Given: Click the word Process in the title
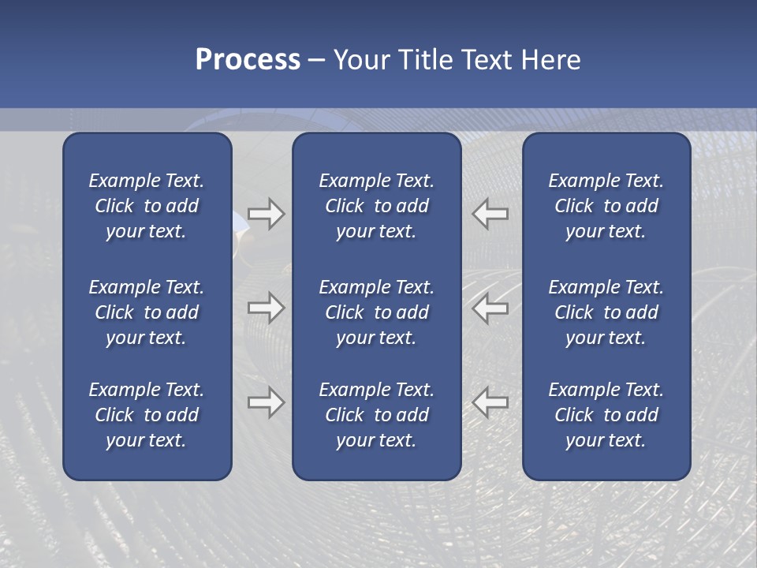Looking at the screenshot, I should [x=248, y=60].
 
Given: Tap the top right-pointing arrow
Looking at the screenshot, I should [x=266, y=214].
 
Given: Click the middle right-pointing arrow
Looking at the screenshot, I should [x=266, y=308].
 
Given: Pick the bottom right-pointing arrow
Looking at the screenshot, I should [x=266, y=402].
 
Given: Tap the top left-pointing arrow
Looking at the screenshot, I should [x=490, y=214].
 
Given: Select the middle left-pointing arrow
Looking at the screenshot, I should [x=490, y=308].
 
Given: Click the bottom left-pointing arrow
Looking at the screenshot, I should [x=490, y=402].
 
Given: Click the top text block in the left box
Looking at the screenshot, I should [x=147, y=206].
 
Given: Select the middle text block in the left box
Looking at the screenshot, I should [x=147, y=312].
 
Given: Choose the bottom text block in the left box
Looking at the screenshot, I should [x=147, y=415].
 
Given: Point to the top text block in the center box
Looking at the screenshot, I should [x=376, y=206].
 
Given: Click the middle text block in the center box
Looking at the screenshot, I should [x=376, y=312].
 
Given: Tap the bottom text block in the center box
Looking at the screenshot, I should [x=376, y=415].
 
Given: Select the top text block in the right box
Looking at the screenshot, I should [x=606, y=206].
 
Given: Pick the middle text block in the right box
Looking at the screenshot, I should [x=606, y=312].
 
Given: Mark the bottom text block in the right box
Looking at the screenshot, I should [x=606, y=415].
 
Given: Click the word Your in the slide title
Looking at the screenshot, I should [x=362, y=60].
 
